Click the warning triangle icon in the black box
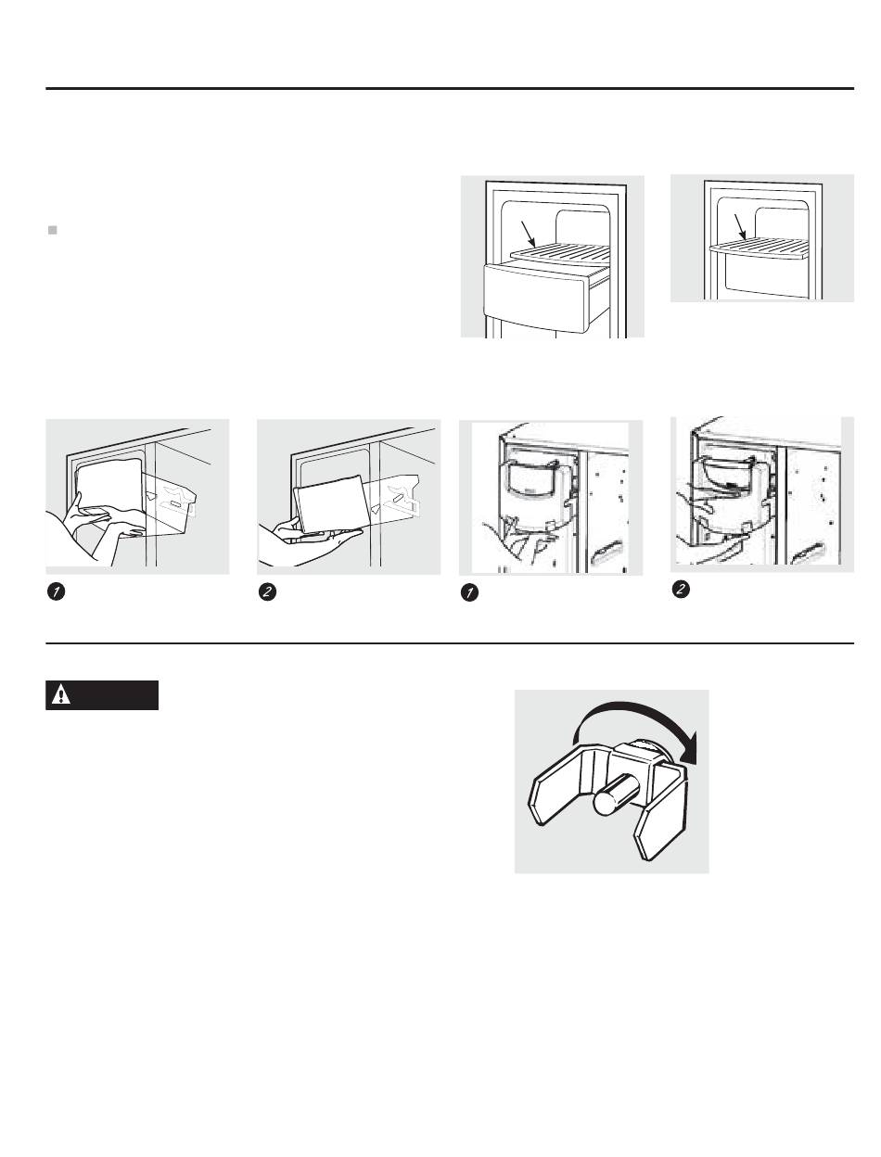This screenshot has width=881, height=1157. click(61, 695)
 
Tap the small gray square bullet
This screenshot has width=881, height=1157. click(53, 230)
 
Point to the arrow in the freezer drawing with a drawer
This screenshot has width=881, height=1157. click(529, 234)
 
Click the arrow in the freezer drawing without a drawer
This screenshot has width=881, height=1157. click(741, 227)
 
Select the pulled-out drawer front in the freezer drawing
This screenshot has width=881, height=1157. click(534, 299)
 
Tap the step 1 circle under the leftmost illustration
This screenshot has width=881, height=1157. click(56, 591)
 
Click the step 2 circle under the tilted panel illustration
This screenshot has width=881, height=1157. click(267, 591)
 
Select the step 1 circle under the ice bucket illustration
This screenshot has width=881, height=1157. click(470, 593)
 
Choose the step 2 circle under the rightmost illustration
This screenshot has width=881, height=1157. click(682, 589)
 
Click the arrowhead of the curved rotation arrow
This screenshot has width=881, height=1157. click(688, 748)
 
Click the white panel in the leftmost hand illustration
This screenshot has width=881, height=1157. click(109, 488)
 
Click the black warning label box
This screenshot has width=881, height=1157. click(102, 695)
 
